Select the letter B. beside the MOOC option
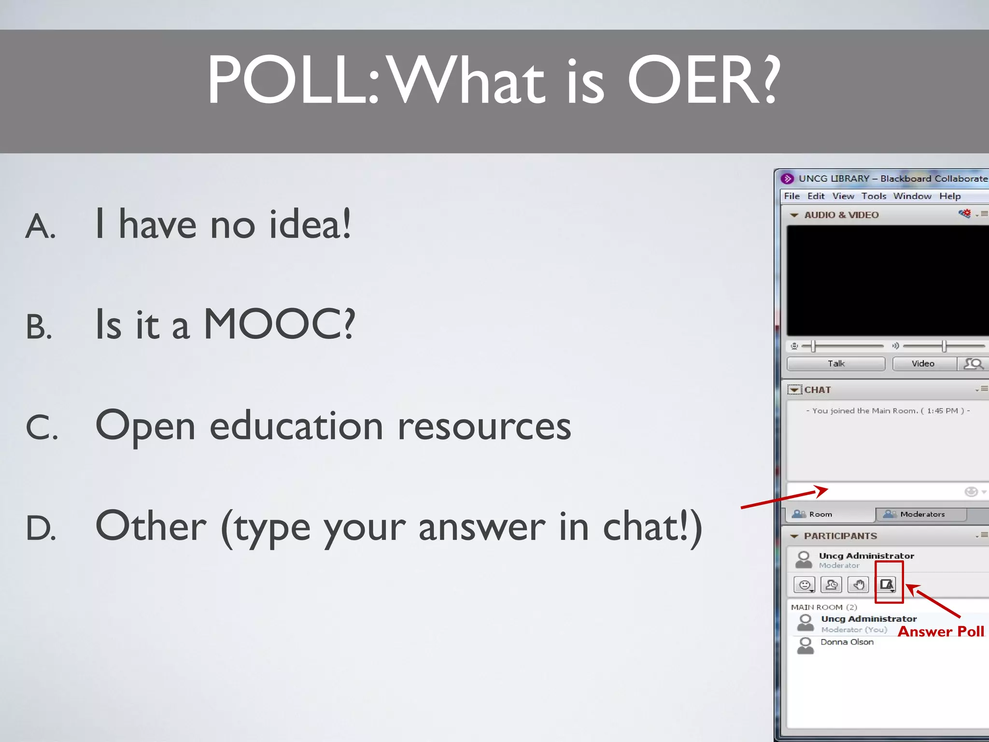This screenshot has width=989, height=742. pos(39,327)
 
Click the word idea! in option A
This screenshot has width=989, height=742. pos(310,225)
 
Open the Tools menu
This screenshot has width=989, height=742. pos(874,196)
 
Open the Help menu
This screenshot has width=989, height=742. pos(949,196)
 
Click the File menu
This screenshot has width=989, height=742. pos(791,196)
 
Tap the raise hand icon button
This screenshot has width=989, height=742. pos(858,585)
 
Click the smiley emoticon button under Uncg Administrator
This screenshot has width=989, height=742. pos(805,585)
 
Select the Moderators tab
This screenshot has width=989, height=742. pos(921,514)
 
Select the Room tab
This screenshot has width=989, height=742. pos(820,514)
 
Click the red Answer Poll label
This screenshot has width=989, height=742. pos(940,631)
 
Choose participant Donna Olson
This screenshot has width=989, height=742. pos(847,642)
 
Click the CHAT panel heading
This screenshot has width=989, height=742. pos(817,390)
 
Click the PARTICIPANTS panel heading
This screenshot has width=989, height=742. pos(840,536)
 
